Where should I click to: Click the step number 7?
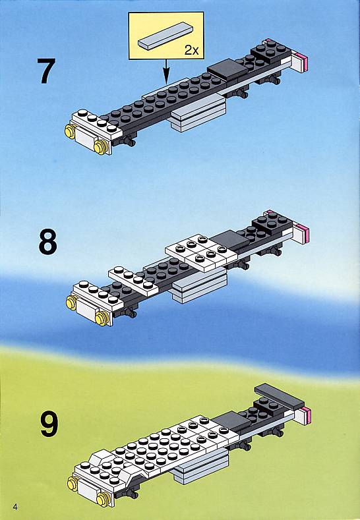pos(45,71)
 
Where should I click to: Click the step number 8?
pos(47,243)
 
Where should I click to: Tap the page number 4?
pos(15,507)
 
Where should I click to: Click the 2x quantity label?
pos(191,50)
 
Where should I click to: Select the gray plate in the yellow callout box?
pos(165,36)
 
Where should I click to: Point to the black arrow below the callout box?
pos(166,71)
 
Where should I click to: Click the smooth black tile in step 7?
pos(227,70)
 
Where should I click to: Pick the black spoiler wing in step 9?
pos(279,397)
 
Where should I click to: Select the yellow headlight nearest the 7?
pos(70,131)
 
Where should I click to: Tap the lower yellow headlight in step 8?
pos(102,319)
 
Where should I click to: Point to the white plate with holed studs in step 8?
pos(201,252)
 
